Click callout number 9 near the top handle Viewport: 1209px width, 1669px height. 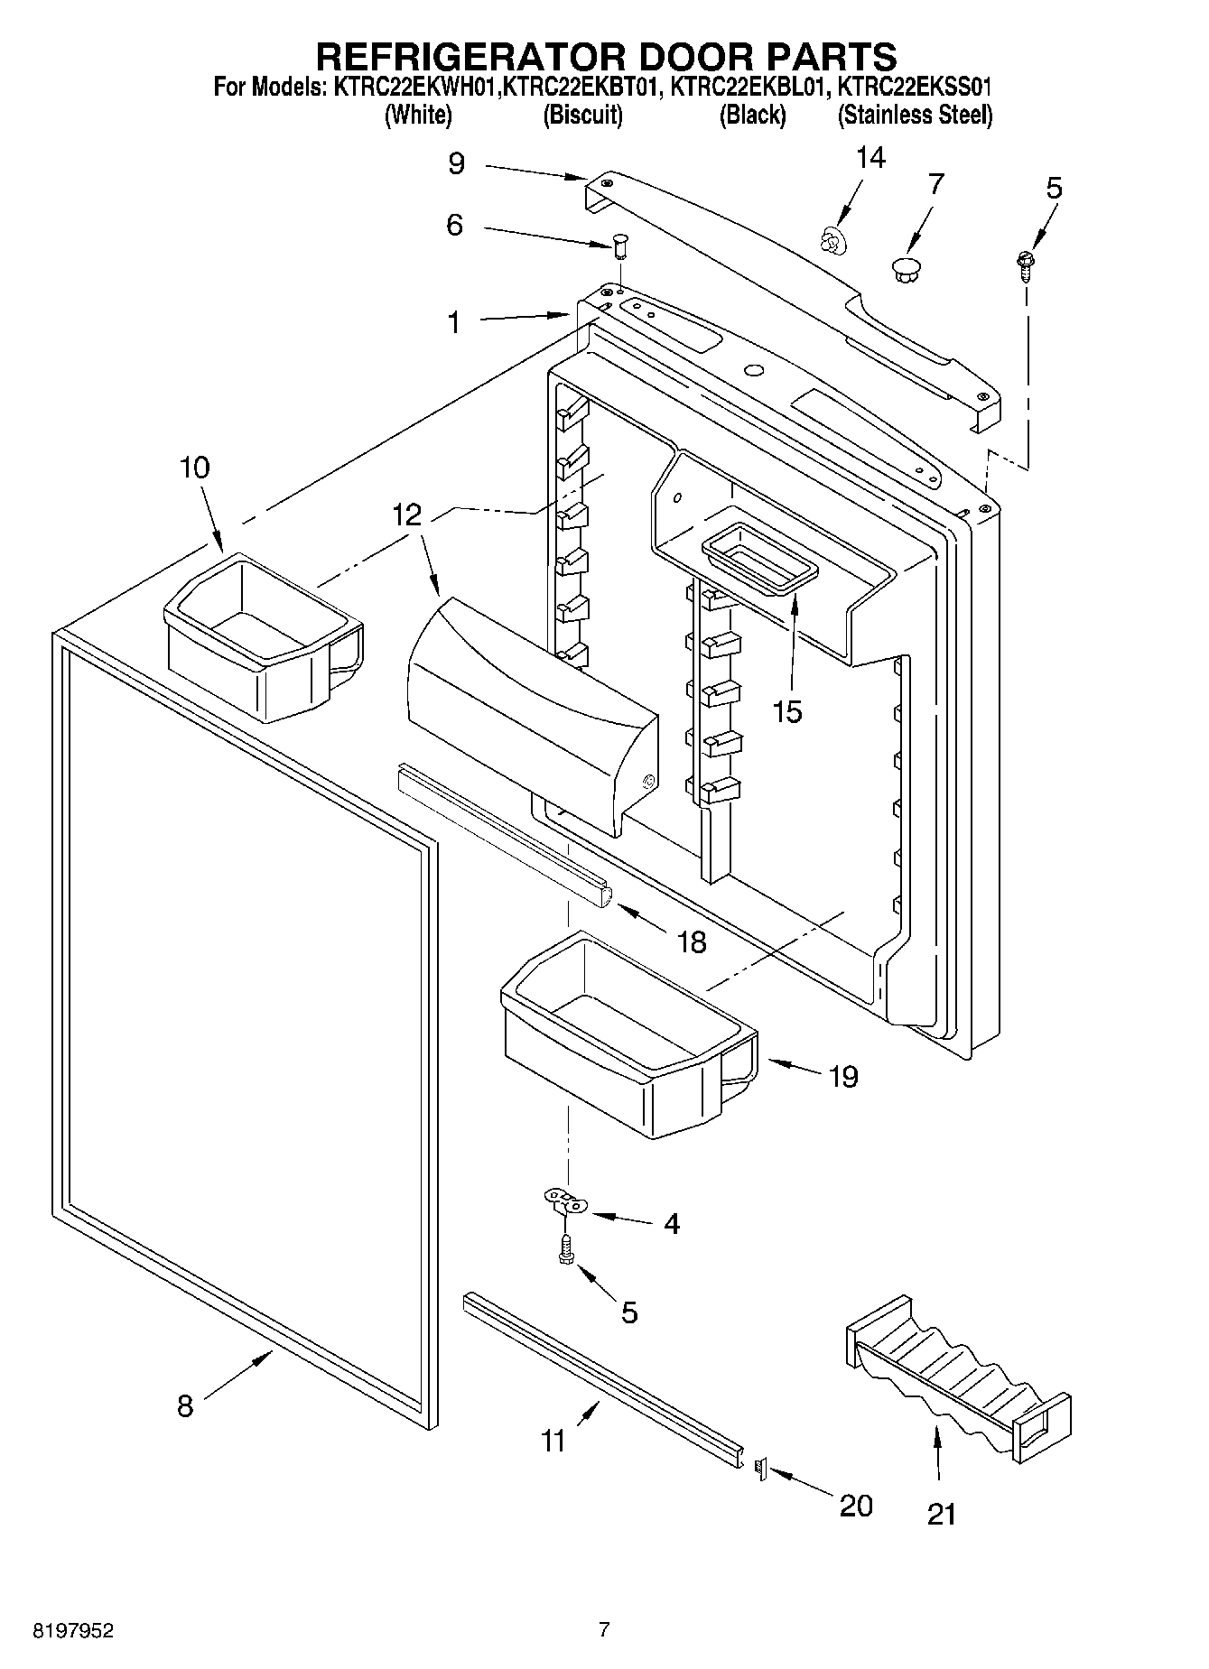point(456,163)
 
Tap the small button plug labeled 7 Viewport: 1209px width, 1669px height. point(903,268)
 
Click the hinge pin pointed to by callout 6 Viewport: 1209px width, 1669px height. point(620,243)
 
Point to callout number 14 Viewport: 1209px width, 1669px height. point(870,158)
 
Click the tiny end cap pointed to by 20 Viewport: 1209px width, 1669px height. point(759,1470)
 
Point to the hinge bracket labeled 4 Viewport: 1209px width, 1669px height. point(565,1202)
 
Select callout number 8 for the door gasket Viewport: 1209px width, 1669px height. point(185,1405)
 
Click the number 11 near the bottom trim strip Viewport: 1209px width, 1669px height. point(553,1439)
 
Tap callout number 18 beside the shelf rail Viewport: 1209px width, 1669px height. point(692,941)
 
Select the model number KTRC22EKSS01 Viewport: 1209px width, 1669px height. point(914,88)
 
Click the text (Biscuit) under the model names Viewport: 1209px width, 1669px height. point(582,116)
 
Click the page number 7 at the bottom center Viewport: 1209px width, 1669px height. point(604,1629)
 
